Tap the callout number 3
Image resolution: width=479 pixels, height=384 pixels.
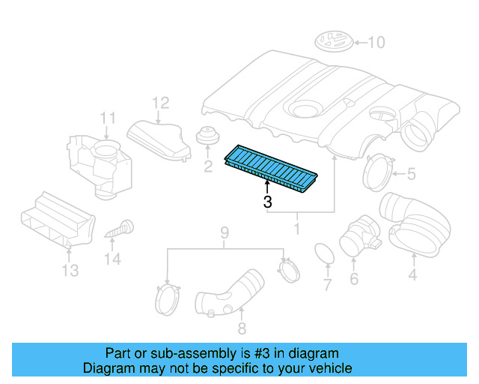[x=267, y=202]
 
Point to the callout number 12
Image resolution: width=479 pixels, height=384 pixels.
[x=161, y=103]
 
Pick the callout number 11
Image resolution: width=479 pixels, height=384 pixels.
[x=109, y=118]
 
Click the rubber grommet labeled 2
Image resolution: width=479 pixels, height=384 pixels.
[x=206, y=137]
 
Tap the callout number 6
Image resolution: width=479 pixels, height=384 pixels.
[x=354, y=280]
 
